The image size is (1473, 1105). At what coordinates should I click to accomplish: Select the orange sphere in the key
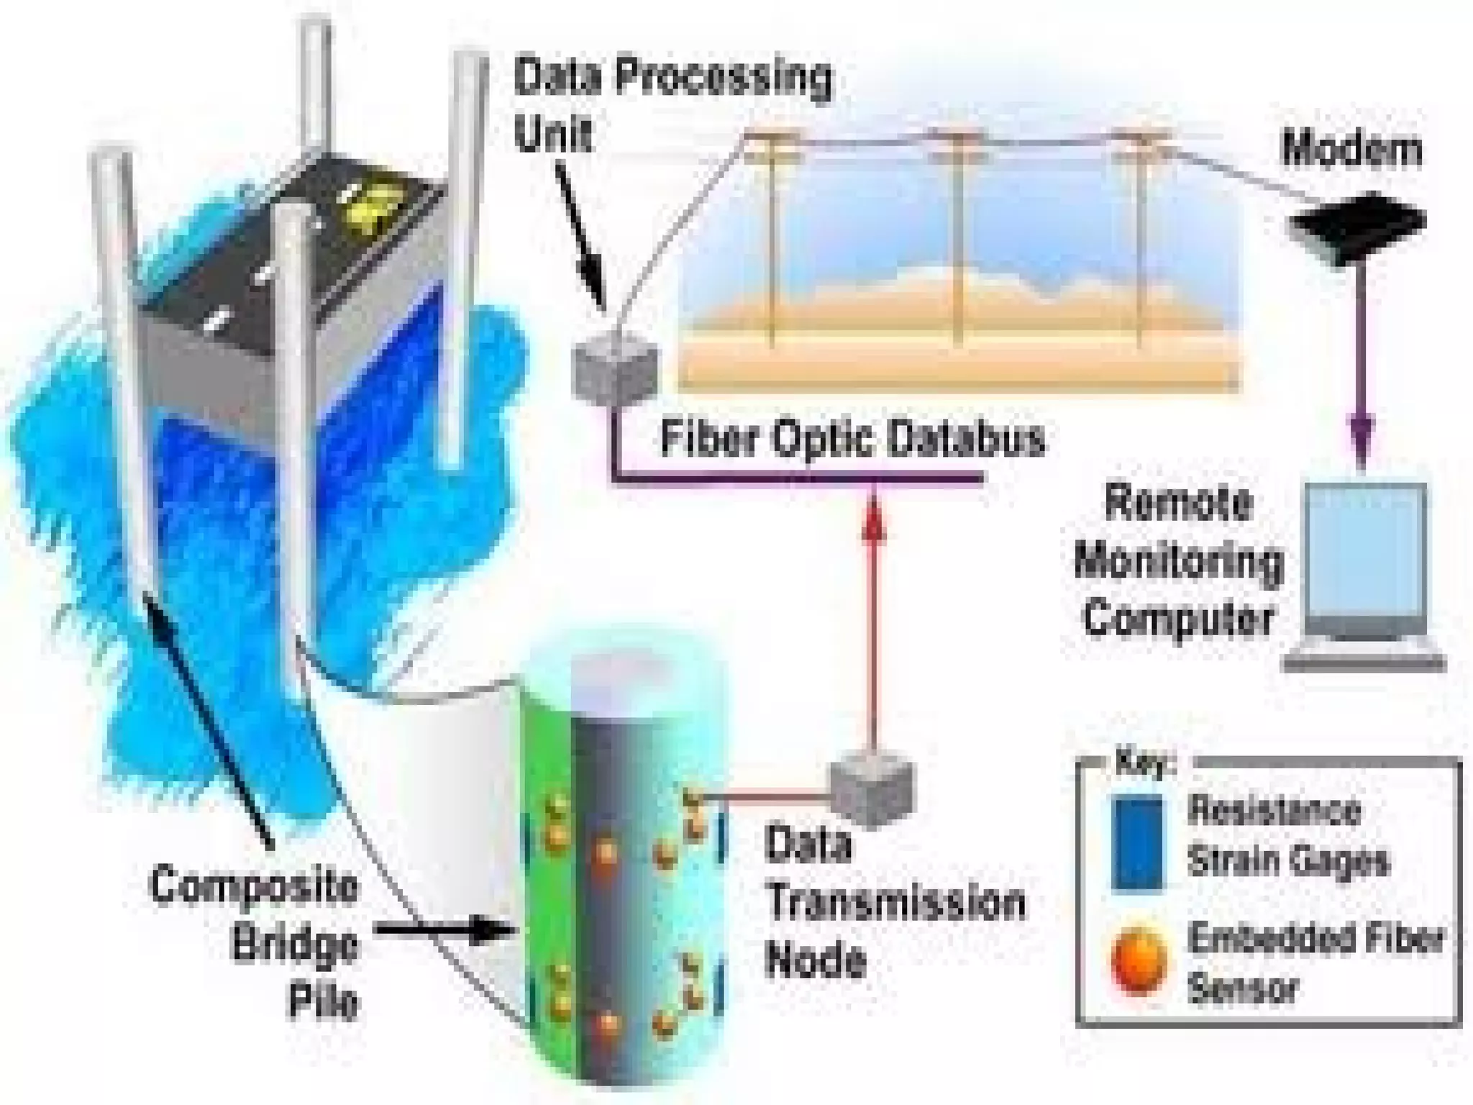1139,963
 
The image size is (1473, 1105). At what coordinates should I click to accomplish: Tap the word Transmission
895,904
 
